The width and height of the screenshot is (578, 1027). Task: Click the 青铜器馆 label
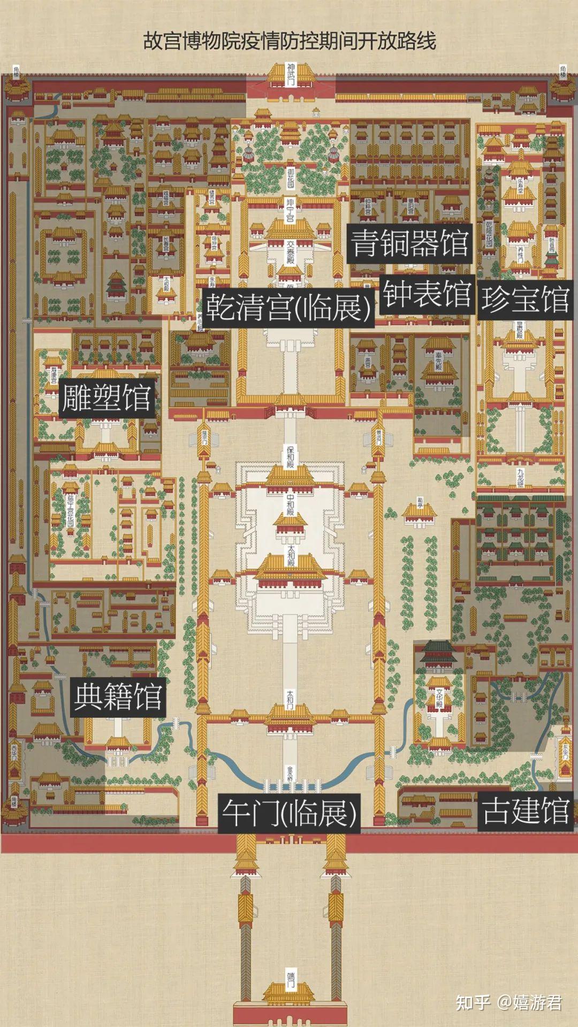coord(409,243)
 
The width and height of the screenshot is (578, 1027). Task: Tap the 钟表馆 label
coord(427,294)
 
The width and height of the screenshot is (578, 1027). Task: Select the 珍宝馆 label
coord(524,299)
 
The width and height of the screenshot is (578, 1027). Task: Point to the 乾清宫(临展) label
coord(288,307)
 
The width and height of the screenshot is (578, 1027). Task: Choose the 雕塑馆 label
coord(107,397)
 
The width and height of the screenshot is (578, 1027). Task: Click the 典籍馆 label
coord(118,696)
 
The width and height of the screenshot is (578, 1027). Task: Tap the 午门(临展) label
coord(288,814)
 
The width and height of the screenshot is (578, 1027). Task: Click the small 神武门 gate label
coord(291,73)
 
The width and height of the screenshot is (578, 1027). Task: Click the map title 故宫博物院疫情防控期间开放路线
coord(290,41)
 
